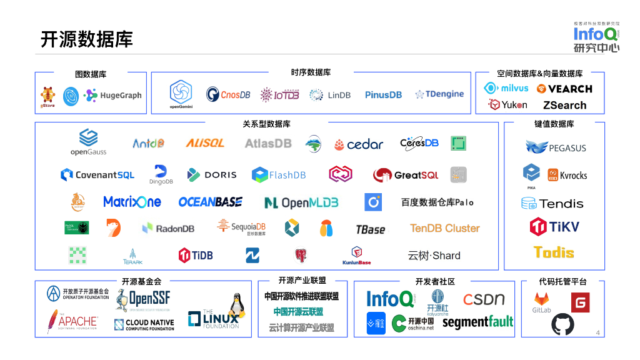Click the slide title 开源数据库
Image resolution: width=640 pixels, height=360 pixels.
[x=87, y=39]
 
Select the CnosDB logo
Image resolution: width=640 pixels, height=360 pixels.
[x=228, y=94]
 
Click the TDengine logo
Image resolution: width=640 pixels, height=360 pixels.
[x=439, y=94]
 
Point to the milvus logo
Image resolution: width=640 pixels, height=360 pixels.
[x=507, y=88]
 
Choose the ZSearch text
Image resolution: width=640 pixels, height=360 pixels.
[x=564, y=105]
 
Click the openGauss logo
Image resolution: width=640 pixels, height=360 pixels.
[x=88, y=142]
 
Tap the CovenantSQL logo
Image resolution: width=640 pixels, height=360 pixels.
[x=97, y=175]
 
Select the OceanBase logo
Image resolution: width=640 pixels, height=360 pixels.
[x=210, y=202]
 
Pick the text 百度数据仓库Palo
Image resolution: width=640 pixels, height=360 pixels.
[x=437, y=202]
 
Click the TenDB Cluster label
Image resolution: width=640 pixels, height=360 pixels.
[x=445, y=228]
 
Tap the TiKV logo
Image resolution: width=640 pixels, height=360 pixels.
[x=554, y=226]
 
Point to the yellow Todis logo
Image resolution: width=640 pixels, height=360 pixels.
[x=554, y=252]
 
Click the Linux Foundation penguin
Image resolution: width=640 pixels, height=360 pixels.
[x=235, y=306]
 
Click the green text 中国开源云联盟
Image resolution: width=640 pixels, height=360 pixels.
[x=298, y=311]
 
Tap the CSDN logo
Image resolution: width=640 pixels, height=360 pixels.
[x=484, y=299]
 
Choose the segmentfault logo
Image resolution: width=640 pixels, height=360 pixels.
[x=477, y=322]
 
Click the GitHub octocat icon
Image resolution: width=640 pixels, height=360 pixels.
[x=562, y=324]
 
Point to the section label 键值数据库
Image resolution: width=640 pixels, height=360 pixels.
[x=554, y=124]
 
